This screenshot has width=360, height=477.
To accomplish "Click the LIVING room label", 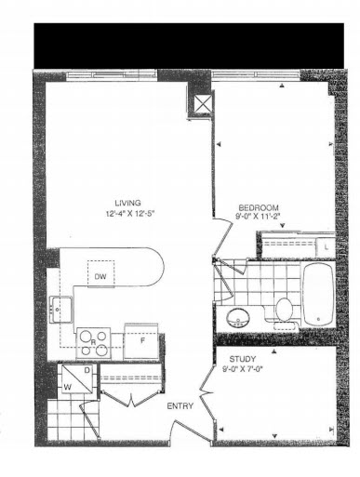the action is click(127, 204).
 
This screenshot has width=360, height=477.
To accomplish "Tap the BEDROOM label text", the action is click(258, 207).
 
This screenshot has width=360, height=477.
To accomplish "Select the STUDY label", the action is click(243, 359).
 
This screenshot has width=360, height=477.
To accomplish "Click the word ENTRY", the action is click(180, 406).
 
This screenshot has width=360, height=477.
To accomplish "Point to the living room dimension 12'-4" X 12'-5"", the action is click(130, 214).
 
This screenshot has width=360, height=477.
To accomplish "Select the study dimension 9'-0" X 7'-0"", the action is click(243, 369).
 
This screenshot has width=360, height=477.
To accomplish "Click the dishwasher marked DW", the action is click(100, 273).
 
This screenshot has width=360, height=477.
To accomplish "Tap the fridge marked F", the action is click(141, 341).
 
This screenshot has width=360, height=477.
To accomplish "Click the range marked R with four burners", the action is click(93, 343).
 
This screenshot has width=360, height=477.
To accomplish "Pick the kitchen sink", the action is click(61, 310).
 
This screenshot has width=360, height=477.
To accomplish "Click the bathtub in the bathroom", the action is click(318, 295).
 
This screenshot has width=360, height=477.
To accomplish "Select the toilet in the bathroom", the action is click(284, 312).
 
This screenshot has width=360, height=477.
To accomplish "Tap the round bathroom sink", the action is click(238, 318).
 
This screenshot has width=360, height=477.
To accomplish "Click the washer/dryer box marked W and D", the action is click(77, 379).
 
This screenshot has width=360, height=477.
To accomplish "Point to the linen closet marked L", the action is click(326, 247).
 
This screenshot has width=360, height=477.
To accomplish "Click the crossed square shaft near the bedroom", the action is click(203, 105).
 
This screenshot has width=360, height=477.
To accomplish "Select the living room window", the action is click(112, 75).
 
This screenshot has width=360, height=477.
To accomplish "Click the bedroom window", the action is click(256, 75).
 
